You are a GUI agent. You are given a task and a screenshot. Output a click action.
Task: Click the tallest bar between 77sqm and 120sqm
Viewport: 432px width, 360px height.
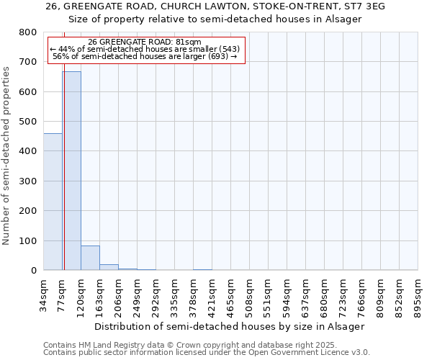pyautogui.click(x=71, y=171)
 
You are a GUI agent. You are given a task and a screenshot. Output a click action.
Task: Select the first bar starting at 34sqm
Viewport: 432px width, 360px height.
pyautogui.click(x=53, y=202)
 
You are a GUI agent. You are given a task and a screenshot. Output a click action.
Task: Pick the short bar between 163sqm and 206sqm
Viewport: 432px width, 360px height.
pyautogui.click(x=109, y=267)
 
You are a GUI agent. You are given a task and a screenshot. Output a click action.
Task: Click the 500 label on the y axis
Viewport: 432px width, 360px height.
pyautogui.click(x=27, y=122)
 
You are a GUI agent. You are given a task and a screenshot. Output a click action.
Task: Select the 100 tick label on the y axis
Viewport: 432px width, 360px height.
pyautogui.click(x=27, y=240)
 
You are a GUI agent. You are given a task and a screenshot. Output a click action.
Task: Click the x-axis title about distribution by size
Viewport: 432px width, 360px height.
pyautogui.click(x=230, y=326)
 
